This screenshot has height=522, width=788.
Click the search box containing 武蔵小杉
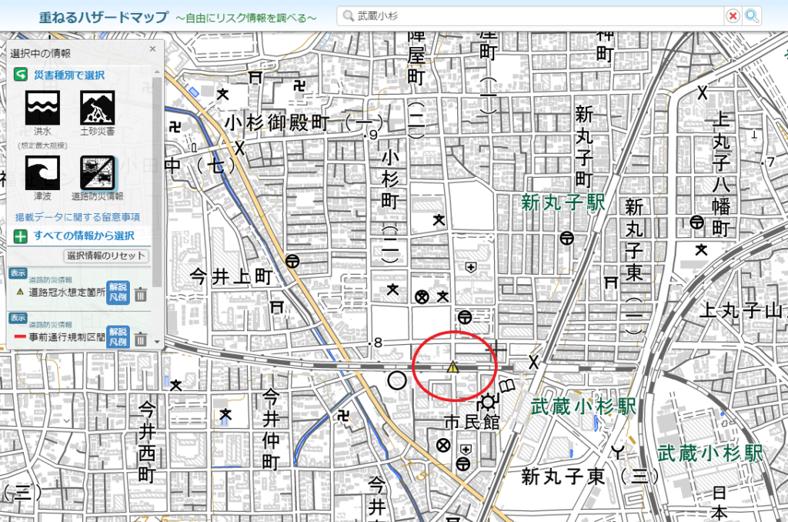pos(531,15)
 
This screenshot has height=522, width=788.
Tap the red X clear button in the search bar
pos(733,15)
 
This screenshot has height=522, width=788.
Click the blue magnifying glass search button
pos(752,15)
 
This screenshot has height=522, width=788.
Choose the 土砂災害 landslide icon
pos(97,105)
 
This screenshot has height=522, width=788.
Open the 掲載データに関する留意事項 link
pos(78,218)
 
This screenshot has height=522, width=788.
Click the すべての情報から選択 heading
pos(84,236)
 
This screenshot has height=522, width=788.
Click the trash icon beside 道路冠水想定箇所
pos(141,293)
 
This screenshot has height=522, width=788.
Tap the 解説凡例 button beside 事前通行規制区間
pos(117,336)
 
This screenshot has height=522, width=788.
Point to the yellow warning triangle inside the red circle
pos(454,368)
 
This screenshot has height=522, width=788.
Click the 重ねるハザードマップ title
pos(104,16)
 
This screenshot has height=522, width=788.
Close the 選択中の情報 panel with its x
pos(153,48)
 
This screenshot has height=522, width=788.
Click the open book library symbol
pos(508,385)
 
